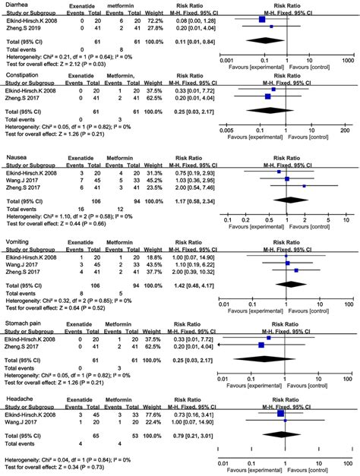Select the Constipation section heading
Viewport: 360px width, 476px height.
tap(22, 76)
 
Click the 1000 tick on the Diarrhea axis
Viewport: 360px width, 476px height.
tap(348, 60)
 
